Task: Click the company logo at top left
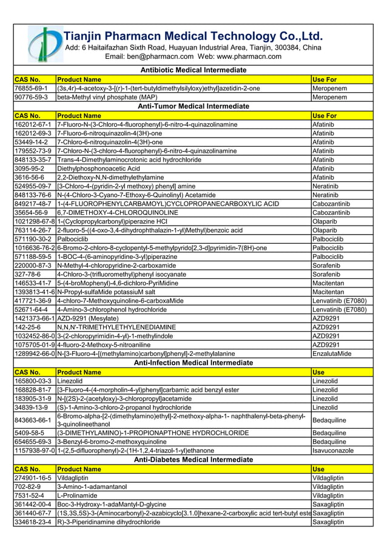coord(45,44)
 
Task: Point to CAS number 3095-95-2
coord(30,168)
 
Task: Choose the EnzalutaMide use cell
coord(331,354)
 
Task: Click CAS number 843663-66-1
coord(33,420)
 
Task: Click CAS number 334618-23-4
coord(33,522)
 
